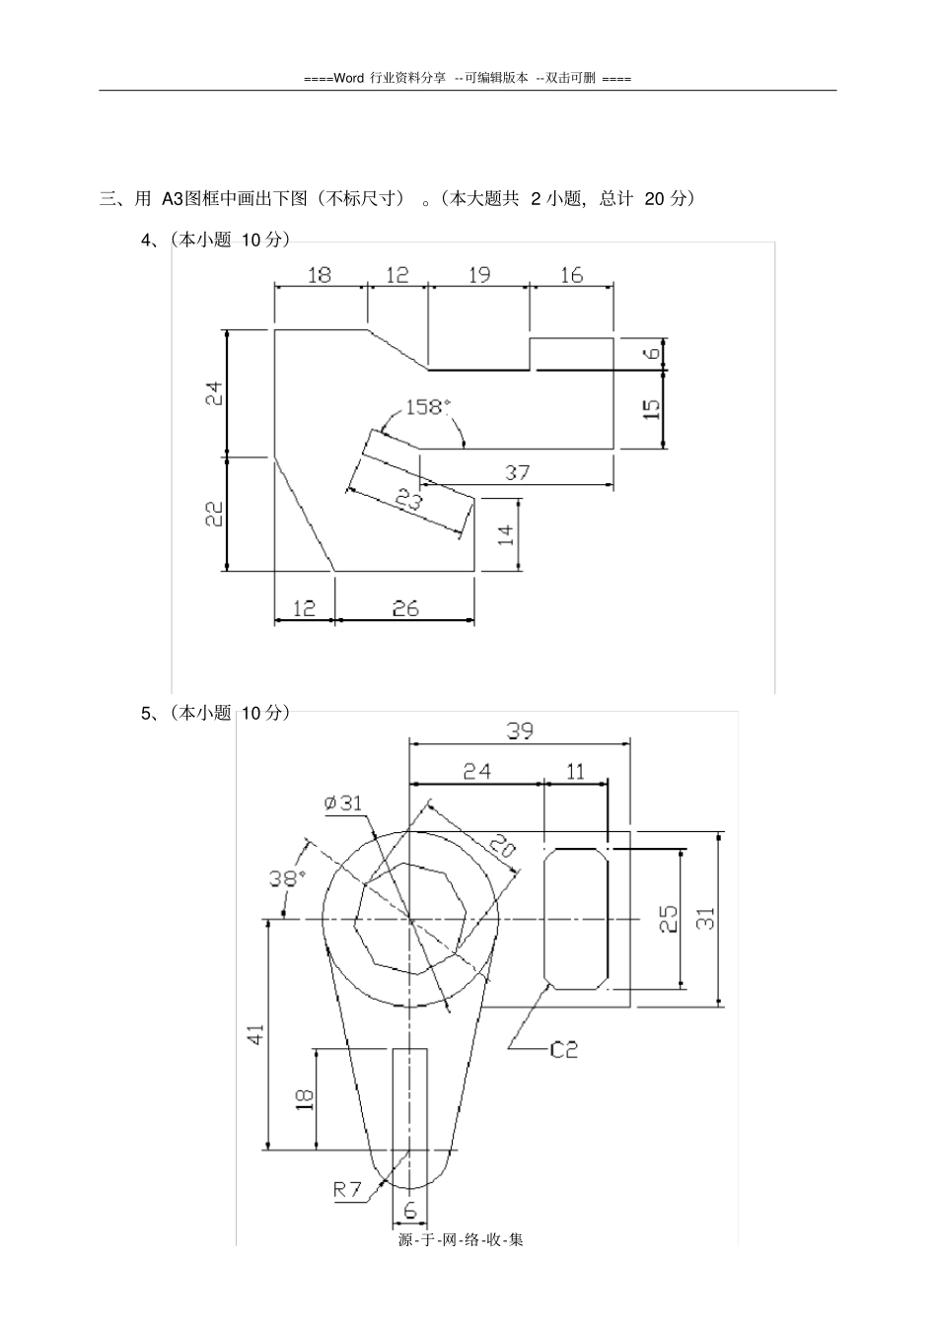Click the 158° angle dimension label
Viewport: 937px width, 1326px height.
point(428,407)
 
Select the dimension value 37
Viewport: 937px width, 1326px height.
point(517,472)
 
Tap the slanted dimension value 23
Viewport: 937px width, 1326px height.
point(408,500)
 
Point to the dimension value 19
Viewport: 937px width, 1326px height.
point(479,275)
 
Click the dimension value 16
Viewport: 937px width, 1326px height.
point(571,275)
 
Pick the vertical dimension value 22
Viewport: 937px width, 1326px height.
point(214,514)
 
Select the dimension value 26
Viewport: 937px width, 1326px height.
point(405,608)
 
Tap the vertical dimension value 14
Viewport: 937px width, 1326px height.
point(505,534)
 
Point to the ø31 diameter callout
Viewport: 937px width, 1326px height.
point(343,803)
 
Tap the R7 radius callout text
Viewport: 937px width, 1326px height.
point(346,1190)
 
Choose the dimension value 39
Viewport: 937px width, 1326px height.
point(520,732)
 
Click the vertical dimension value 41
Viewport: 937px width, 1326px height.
point(255,1034)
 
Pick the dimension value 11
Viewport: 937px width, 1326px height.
point(575,772)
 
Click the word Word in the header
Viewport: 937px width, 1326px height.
point(349,78)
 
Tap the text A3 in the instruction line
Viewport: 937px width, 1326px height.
point(174,199)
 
